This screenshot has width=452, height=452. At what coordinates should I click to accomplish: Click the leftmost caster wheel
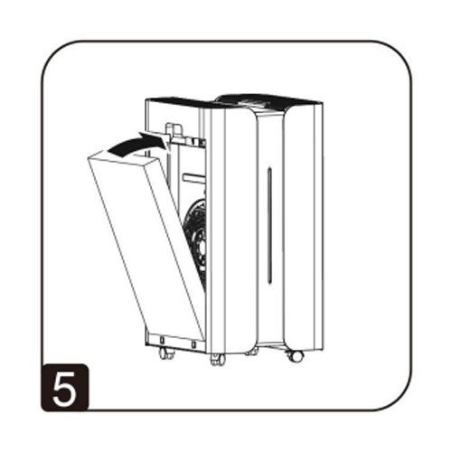[x=166, y=353]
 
